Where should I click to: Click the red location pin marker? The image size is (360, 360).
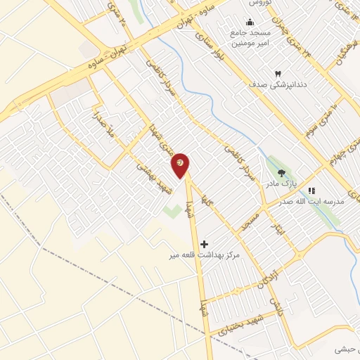pyautogui.click(x=181, y=165)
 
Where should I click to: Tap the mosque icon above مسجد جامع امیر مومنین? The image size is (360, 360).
pyautogui.click(x=250, y=22)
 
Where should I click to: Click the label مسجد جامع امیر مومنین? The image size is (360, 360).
pyautogui.click(x=251, y=38)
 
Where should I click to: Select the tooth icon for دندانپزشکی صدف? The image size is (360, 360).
pyautogui.click(x=277, y=73)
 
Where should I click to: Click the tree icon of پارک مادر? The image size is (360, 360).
pyautogui.click(x=282, y=173)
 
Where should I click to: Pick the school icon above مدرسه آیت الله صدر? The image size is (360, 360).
pyautogui.click(x=312, y=190)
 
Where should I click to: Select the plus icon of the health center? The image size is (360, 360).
pyautogui.click(x=205, y=245)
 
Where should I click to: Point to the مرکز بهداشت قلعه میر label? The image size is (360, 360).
pyautogui.click(x=209, y=255)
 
